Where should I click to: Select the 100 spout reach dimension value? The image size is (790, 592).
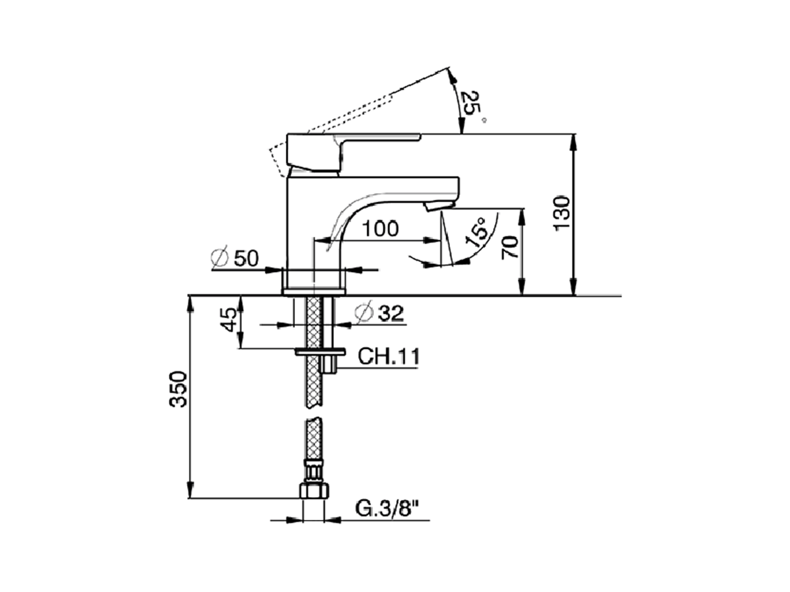(380, 229)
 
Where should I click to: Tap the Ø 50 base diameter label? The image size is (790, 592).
(235, 258)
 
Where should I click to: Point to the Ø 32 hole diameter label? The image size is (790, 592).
(380, 313)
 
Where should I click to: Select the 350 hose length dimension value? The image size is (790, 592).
(178, 389)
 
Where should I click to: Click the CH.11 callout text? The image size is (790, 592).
(389, 356)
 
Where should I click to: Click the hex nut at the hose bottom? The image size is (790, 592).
(314, 491)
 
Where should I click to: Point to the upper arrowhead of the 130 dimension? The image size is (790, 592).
(573, 139)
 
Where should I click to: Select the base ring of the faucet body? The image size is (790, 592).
(314, 290)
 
